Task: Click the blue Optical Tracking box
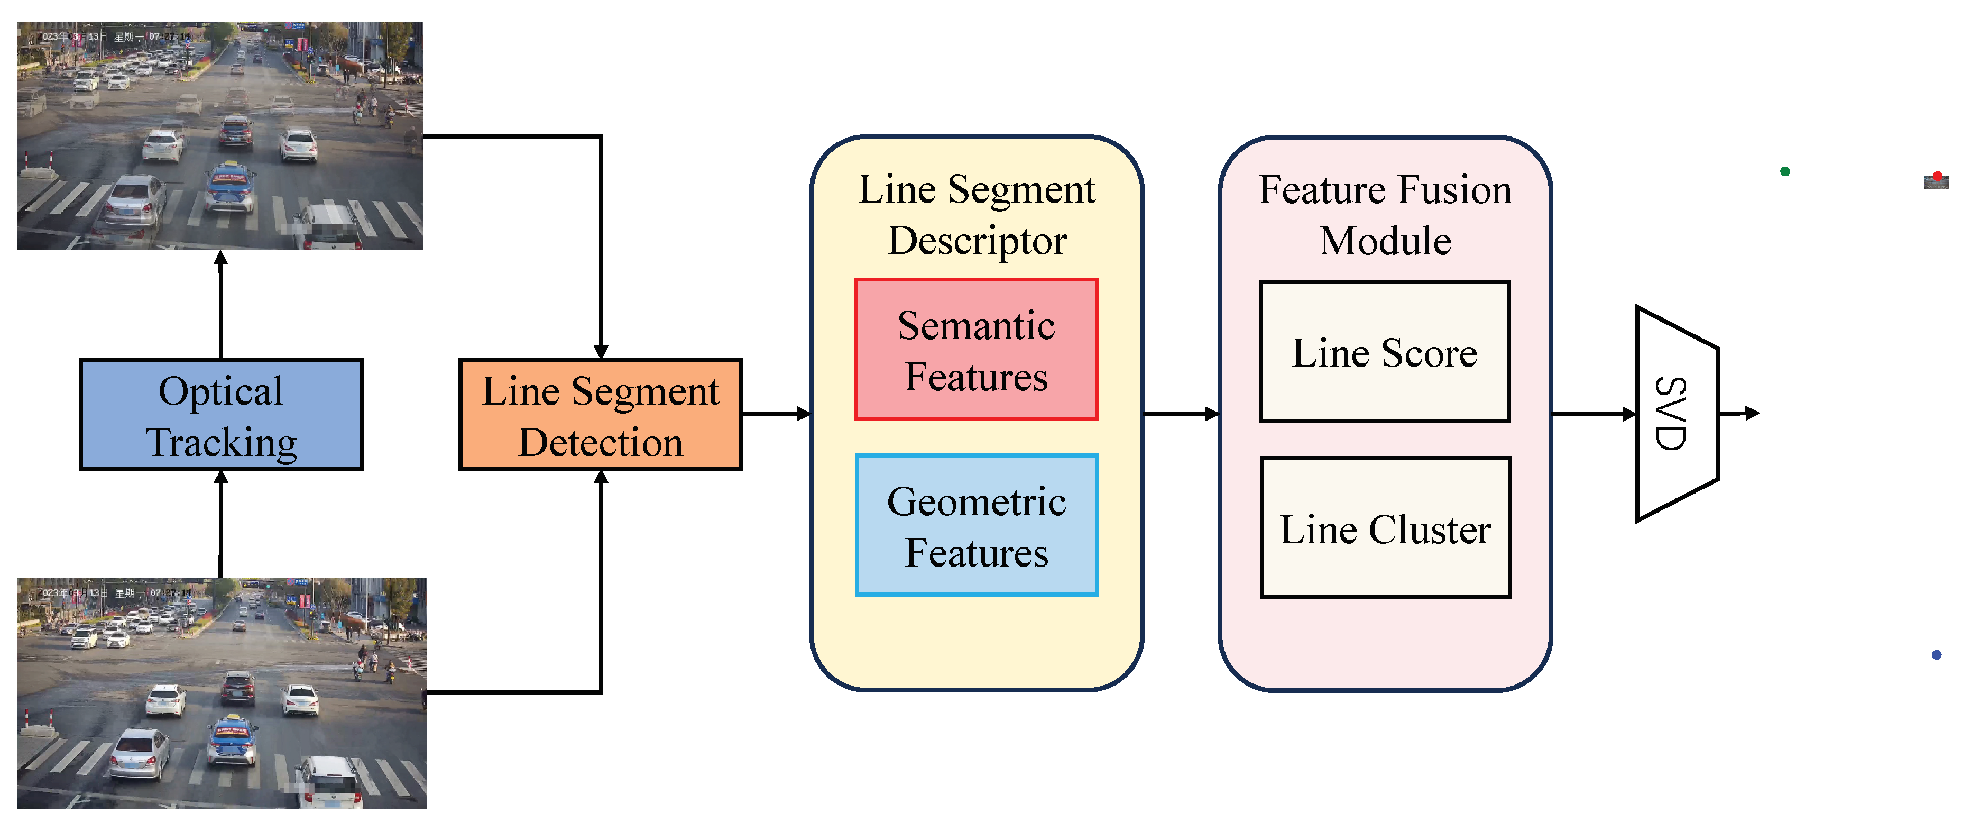tap(221, 414)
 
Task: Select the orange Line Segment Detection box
tap(601, 414)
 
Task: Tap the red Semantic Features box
tap(977, 350)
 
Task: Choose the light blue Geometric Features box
tap(977, 526)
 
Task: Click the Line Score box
tap(1384, 352)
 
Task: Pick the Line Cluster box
tap(1385, 528)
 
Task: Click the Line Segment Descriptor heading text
tap(977, 214)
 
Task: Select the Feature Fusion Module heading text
tap(1385, 214)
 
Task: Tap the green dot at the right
tap(1785, 171)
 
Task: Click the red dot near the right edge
tap(1937, 177)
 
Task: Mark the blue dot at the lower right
tap(1937, 654)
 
